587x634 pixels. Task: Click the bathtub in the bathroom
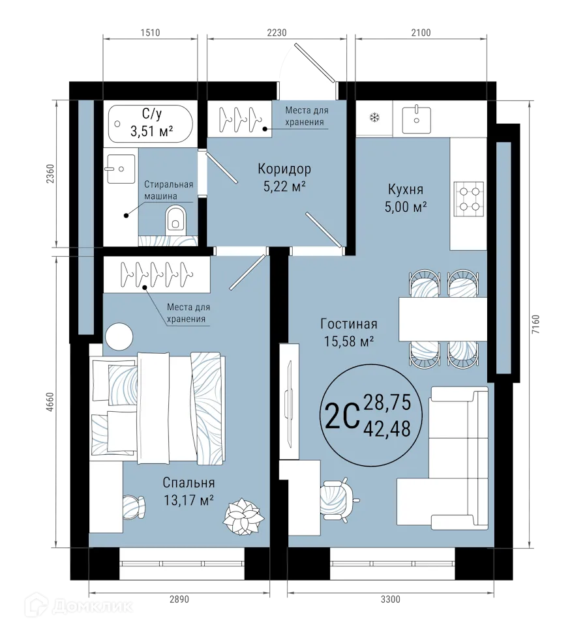click(151, 123)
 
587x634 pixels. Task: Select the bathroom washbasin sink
click(119, 168)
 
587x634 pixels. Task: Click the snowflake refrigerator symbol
click(374, 118)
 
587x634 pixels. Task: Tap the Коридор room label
click(284, 169)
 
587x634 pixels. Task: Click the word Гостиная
click(349, 324)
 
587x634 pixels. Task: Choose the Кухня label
click(406, 190)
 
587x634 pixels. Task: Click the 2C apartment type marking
click(341, 414)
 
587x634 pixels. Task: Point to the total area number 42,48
click(387, 428)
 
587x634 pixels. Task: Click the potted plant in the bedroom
click(242, 515)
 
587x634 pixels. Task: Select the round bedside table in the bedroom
click(120, 337)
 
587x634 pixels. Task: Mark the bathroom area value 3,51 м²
click(151, 132)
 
